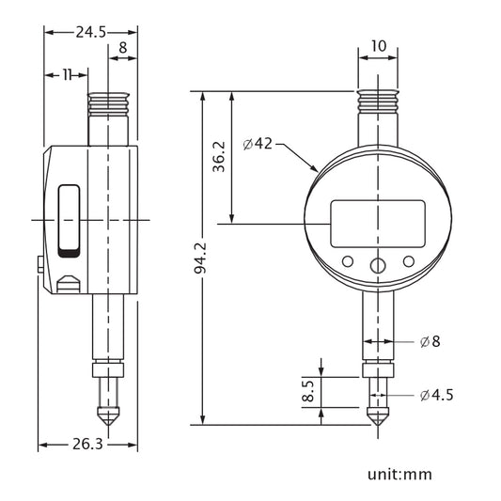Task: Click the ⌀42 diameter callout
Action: [258, 144]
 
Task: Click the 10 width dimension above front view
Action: [378, 44]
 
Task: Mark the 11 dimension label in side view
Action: [69, 74]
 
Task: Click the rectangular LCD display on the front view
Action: [378, 223]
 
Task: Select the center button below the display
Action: [378, 266]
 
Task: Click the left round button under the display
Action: [347, 261]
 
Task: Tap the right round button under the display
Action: [409, 261]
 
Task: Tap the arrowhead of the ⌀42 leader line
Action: [319, 170]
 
